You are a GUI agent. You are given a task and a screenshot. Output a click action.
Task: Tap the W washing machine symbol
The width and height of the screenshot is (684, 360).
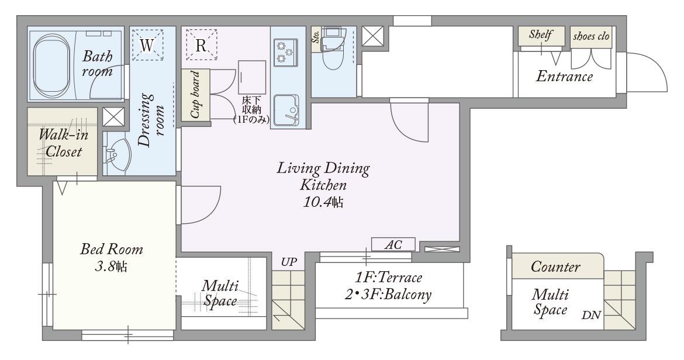point(147,45)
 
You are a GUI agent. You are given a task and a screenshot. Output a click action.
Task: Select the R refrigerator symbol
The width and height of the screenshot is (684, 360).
point(201,45)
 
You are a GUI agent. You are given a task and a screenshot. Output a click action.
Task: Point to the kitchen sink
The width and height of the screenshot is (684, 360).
point(286,109)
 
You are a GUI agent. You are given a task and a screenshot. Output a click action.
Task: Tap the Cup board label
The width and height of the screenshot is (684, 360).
point(195,95)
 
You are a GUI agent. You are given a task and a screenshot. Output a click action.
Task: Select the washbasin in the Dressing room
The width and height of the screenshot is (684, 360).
point(118,155)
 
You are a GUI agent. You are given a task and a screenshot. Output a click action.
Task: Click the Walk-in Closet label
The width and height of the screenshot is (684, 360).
point(63,143)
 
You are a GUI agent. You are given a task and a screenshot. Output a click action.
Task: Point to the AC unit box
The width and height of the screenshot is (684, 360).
point(393,244)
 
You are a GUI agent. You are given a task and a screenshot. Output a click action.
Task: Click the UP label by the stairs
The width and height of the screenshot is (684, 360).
point(289,262)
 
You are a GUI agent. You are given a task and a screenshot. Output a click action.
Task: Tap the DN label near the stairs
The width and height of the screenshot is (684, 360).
point(591,314)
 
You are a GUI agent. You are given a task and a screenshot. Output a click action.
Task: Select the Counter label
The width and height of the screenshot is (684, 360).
point(555,266)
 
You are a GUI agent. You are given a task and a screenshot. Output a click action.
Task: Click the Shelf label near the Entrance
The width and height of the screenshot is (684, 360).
point(541,34)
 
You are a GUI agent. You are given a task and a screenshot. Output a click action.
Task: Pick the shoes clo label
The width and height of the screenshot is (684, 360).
point(591,36)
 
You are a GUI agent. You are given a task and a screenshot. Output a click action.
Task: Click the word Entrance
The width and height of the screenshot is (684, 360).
point(564,77)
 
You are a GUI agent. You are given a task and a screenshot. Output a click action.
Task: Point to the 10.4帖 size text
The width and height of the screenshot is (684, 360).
point(323,202)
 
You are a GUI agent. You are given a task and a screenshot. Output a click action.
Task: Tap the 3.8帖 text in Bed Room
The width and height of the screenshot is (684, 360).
point(111,266)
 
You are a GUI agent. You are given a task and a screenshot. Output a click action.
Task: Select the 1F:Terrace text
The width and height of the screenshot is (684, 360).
point(388,278)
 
